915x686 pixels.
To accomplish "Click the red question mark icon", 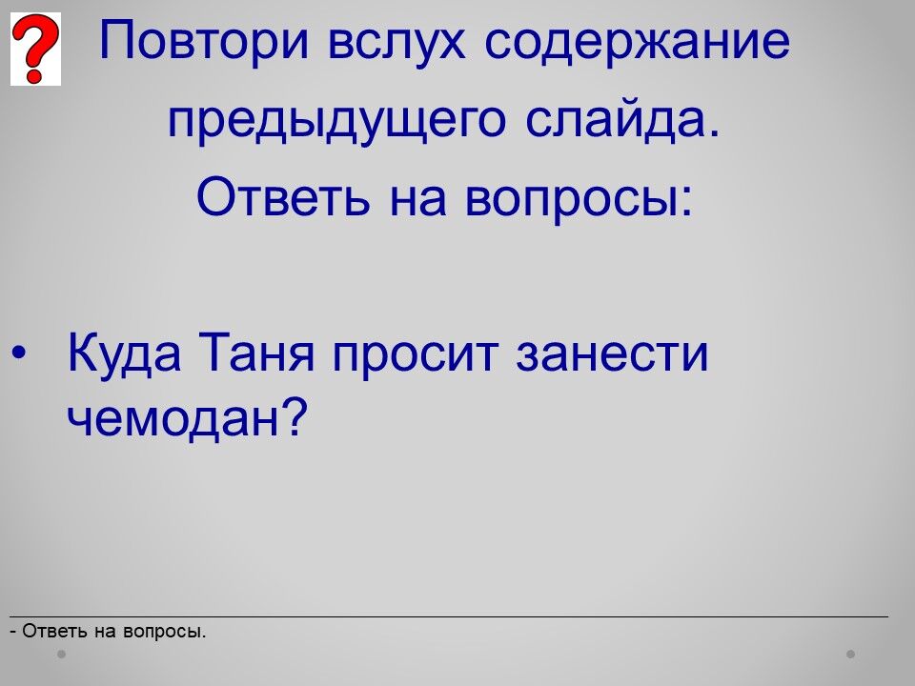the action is pos(35,49).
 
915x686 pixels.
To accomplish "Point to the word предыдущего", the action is pos(336,121).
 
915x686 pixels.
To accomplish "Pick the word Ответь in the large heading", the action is pos(284,196).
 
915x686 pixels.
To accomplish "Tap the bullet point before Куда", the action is pos(19,353).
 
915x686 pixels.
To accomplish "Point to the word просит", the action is pos(416,357).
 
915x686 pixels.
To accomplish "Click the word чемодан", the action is pos(173,418).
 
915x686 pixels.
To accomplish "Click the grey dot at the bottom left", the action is pos(61,654).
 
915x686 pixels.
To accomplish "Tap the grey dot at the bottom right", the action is pos(851,654).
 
